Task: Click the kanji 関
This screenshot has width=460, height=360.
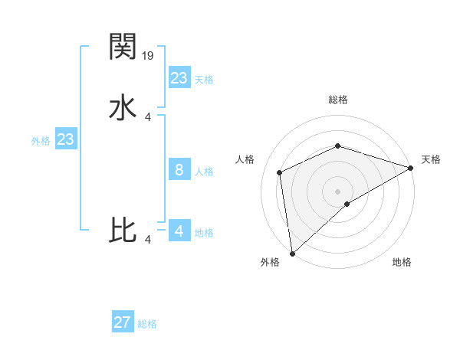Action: click(123, 47)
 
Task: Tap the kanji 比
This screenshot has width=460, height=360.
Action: click(123, 230)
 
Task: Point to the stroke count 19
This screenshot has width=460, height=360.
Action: click(149, 55)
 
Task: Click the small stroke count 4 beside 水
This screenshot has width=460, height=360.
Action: click(148, 116)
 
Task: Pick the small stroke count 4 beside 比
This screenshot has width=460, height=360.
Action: click(148, 240)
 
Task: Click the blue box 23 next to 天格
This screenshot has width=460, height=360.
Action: click(179, 78)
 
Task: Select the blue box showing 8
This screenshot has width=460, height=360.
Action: click(179, 170)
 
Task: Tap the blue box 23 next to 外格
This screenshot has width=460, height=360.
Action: click(65, 139)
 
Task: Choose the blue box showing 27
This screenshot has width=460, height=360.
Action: click(123, 322)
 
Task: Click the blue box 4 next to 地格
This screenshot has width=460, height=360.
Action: click(179, 231)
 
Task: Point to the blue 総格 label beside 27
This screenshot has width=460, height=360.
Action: click(147, 324)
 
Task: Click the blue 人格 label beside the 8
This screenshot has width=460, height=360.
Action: click(204, 172)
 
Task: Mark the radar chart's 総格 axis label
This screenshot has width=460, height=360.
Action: click(337, 100)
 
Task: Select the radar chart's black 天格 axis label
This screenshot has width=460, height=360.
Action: click(431, 159)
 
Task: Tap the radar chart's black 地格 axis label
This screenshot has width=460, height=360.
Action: click(402, 263)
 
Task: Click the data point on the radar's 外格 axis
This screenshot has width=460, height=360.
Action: click(292, 253)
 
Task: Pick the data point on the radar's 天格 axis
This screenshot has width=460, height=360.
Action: click(411, 168)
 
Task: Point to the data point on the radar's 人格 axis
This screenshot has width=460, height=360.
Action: click(280, 172)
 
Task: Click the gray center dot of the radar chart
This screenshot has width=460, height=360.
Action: click(337, 191)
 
